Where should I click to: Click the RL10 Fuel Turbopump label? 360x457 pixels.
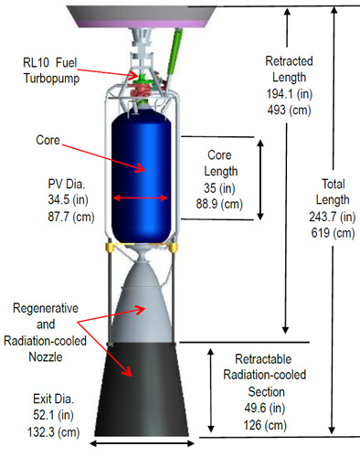51,70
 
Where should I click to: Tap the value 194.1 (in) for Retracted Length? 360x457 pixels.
290,93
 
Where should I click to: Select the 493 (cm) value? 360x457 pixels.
289,110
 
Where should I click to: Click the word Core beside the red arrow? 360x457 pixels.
48,140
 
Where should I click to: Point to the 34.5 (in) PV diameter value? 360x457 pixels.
68,200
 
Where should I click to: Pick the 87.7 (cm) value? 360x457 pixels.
71,217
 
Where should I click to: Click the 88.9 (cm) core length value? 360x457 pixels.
219,204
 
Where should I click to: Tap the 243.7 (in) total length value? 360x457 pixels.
333,217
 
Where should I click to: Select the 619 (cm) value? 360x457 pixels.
333,233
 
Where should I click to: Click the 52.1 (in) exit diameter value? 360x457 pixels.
53,415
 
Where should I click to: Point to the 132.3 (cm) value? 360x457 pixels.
54,432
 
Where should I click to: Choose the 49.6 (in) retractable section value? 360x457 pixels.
265,408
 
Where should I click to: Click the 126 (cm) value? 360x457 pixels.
265,425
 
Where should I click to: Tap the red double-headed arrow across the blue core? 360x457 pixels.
140,198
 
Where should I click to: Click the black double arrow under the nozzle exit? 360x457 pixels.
142,443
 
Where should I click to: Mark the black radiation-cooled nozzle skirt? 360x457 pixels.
142,389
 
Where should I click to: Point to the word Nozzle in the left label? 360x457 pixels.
46,356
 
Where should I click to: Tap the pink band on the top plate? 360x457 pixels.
142,24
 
